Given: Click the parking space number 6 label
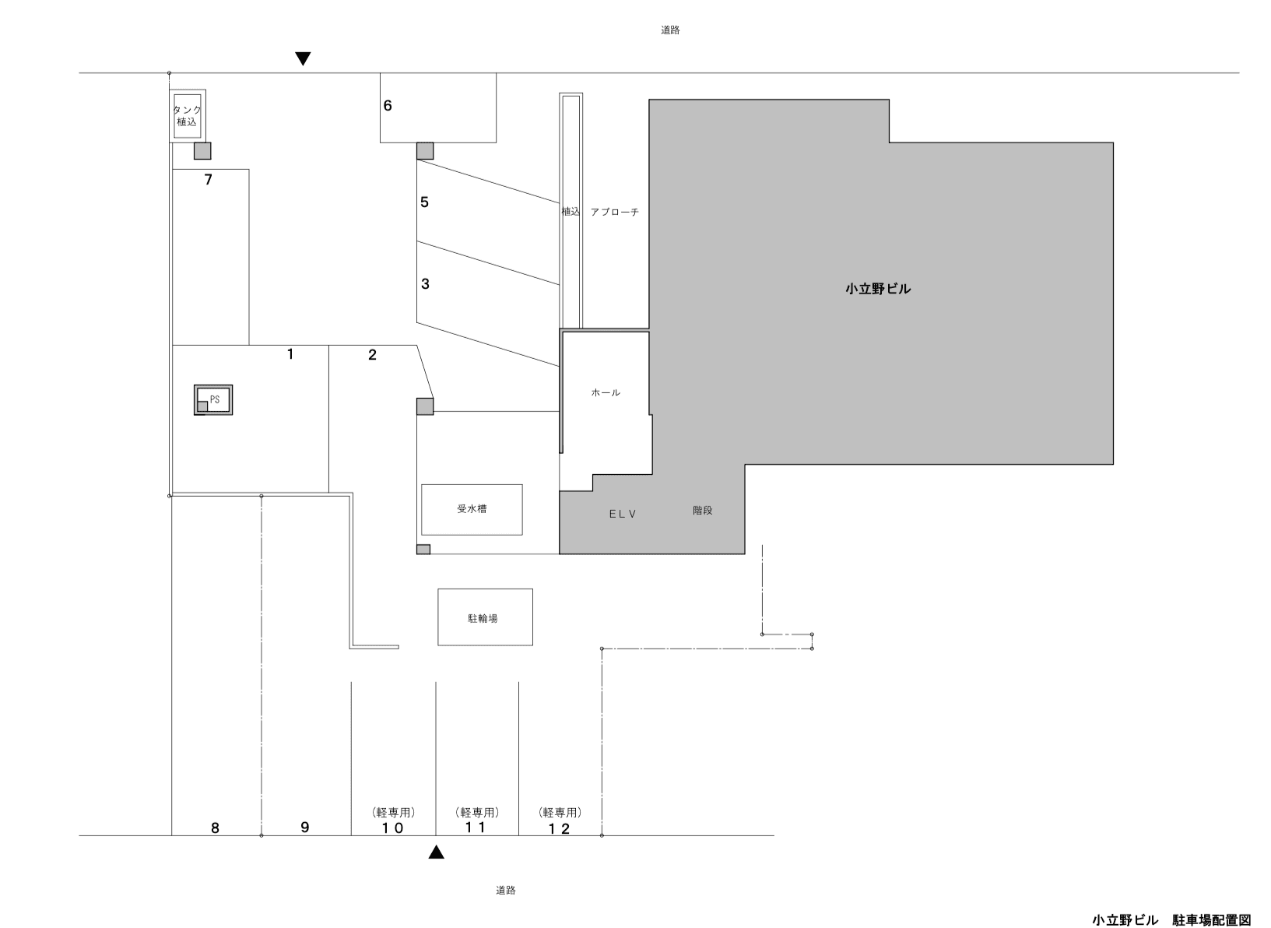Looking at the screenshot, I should pos(388,106).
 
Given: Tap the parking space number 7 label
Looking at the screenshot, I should pos(208,180).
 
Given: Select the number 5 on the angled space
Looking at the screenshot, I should pos(424,202).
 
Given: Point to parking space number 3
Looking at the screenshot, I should pos(425,284).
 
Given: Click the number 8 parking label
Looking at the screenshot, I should pos(216,828).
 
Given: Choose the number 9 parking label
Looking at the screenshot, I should pos(305,827).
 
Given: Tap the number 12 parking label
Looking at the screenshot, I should pos(560,828).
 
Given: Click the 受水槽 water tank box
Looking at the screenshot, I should pos(472,509).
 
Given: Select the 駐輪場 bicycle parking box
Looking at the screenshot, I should pos(485,617).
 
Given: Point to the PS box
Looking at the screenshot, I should pos(214,400).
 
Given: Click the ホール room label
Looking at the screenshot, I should pos(606,392).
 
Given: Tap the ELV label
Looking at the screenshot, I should pos(623,514).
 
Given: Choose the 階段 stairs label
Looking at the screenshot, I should pos(702,511).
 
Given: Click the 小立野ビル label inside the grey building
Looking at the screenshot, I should pos(878,289).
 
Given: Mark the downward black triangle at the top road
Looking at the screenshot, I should pos(304,58).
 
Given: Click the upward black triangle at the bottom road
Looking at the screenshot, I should pos(437,852).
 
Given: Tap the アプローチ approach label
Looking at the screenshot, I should pos(614,212).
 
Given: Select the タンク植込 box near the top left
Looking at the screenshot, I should pos(188,116).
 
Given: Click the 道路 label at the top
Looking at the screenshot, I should pos(670,30).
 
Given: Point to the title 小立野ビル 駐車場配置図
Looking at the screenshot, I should pos(1171,919).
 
